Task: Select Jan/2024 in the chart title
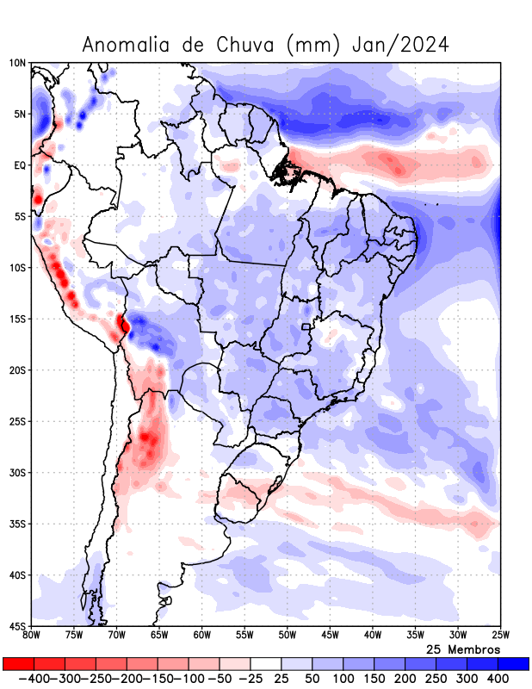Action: click(x=400, y=45)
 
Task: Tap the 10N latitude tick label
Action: click(x=17, y=63)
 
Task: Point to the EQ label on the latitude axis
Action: click(x=20, y=165)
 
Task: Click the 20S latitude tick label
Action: click(x=17, y=370)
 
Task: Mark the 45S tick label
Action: click(x=17, y=626)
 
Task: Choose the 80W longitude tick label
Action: click(x=32, y=636)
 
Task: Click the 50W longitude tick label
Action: click(x=287, y=636)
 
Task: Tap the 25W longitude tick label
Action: click(x=499, y=636)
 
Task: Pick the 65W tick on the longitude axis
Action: click(x=159, y=636)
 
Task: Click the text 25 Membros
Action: click(x=463, y=649)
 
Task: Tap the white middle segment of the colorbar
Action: click(x=265, y=664)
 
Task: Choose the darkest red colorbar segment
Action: click(x=18, y=664)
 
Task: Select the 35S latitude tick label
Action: click(x=17, y=524)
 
